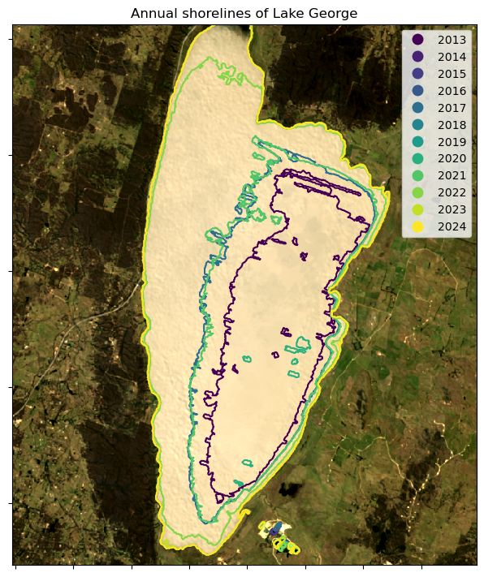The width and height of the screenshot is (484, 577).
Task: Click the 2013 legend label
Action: coord(451,40)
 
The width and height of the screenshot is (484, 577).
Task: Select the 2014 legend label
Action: coord(451,57)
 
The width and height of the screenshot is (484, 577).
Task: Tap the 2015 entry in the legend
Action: coord(451,74)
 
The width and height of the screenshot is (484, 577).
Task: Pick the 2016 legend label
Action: coord(451,91)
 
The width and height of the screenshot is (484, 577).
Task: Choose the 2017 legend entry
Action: coord(451,108)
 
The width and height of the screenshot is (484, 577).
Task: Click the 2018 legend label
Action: coord(451,125)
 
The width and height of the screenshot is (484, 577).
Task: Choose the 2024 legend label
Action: coord(451,226)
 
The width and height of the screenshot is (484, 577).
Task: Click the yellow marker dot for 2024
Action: coord(418,226)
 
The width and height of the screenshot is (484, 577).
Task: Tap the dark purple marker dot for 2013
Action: coord(418,40)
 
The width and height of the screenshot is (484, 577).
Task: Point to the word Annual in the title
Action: coord(153,13)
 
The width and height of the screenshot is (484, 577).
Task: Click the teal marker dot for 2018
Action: coord(418,125)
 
